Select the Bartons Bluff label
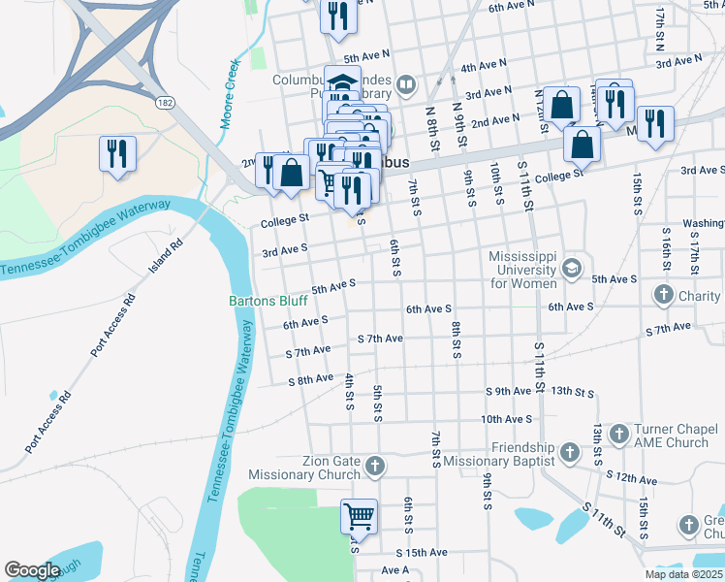coord(268,301)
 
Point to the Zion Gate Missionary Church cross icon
coord(375,469)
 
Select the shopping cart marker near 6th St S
coord(359,516)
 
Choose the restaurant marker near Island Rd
coord(117,152)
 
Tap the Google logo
coord(32,570)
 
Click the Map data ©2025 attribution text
coord(683,574)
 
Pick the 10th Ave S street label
coord(506,419)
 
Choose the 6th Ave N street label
coord(513,8)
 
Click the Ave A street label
coord(395,570)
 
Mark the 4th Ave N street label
coord(485,66)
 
